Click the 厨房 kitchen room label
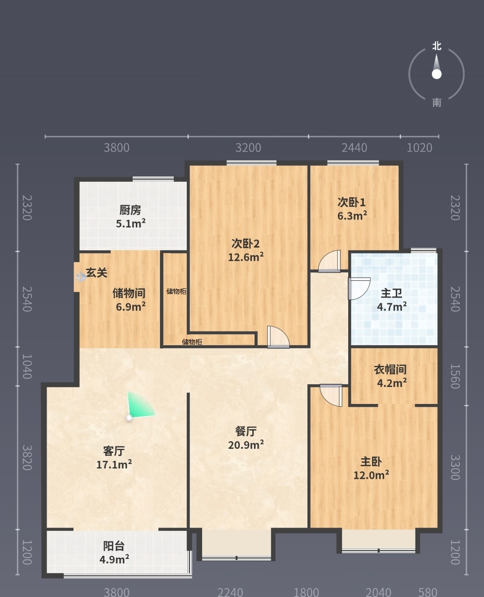click(130, 210)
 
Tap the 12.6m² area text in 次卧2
click(246, 257)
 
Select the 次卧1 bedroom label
click(351, 202)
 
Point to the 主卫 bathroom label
click(392, 293)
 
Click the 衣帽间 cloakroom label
click(390, 369)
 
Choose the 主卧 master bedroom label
click(371, 462)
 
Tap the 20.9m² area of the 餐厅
click(246, 445)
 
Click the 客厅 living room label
click(114, 451)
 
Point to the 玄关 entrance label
click(97, 272)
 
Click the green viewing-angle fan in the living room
click(139, 406)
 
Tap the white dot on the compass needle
click(436, 74)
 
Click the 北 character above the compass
click(436, 46)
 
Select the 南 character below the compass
click(437, 103)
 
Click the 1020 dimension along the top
click(419, 148)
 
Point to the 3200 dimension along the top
click(248, 148)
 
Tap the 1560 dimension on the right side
click(455, 376)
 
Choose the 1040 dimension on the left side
click(27, 366)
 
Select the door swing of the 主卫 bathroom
click(359, 288)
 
